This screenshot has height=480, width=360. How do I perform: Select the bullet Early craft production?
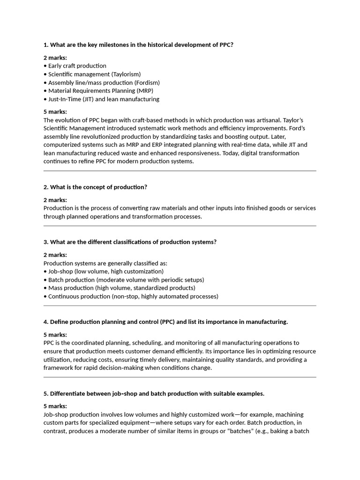[x=77, y=66]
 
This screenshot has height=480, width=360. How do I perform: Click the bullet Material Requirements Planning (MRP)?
[x=100, y=90]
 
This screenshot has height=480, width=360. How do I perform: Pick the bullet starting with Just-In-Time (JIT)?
[x=103, y=99]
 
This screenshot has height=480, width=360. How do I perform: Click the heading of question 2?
[x=95, y=187]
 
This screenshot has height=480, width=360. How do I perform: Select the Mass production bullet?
[x=121, y=288]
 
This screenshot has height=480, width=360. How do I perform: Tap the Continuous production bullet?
[x=133, y=296]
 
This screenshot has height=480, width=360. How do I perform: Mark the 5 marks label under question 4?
[x=55, y=335]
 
